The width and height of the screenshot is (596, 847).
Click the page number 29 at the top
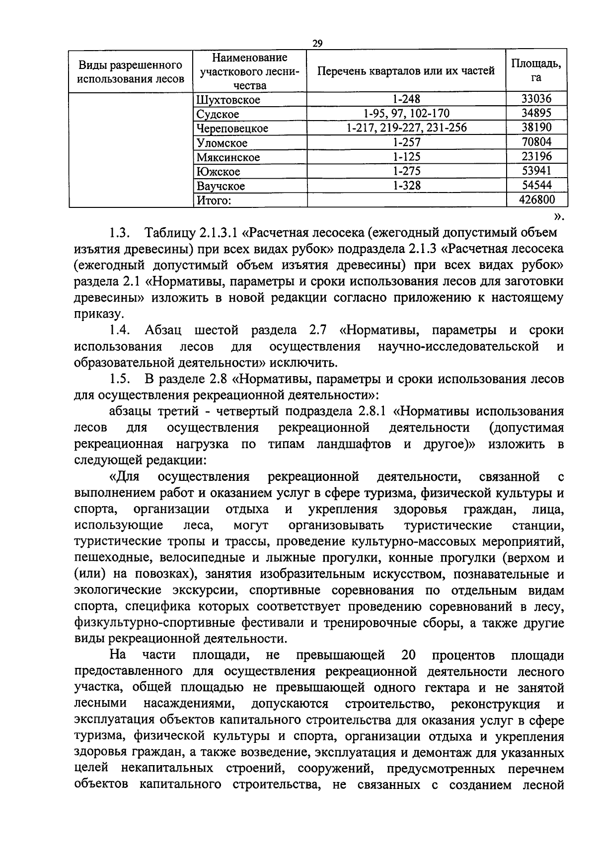tap(317, 44)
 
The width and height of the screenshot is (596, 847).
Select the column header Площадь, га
tap(536, 70)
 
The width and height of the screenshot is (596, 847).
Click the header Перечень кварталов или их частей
tap(406, 70)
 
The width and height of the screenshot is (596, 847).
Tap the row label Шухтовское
tap(228, 100)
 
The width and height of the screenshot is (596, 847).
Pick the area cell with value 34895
tap(536, 114)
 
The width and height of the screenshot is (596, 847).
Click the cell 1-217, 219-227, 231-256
tap(406, 128)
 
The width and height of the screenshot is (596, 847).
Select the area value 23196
tap(536, 157)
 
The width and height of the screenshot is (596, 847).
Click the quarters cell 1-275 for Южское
tap(406, 171)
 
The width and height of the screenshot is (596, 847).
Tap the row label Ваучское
tap(221, 186)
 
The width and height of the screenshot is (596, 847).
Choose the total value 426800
tap(536, 200)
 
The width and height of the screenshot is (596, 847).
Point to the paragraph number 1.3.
tap(120, 232)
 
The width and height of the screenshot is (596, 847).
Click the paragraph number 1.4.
tap(120, 330)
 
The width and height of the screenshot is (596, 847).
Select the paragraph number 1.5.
tap(120, 379)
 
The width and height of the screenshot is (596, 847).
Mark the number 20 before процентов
tap(408, 655)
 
